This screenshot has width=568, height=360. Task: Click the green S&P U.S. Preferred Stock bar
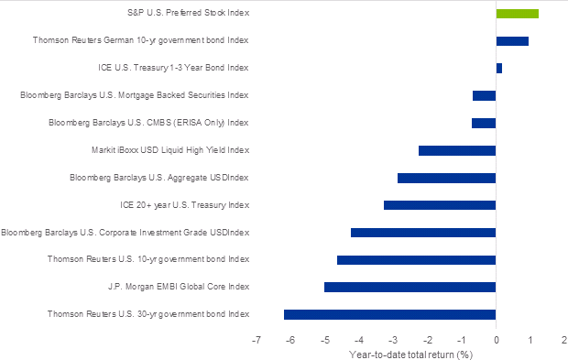517,14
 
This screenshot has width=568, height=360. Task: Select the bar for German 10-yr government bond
512,41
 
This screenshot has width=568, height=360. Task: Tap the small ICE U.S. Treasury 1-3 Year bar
498,68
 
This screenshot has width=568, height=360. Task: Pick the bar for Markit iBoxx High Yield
457,150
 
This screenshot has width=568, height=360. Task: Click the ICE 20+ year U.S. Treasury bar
440,205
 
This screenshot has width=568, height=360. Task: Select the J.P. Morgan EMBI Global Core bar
410,288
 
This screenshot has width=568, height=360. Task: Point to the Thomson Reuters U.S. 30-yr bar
389,314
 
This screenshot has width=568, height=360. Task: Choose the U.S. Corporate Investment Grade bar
423,233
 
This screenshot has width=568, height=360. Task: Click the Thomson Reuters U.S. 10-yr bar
416,260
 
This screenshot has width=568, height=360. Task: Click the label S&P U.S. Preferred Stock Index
188,14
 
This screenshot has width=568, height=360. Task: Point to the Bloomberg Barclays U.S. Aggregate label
159,178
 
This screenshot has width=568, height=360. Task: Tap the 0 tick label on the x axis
496,339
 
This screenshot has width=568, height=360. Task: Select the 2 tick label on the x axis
563,339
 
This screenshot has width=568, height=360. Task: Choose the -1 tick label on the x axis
461,339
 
